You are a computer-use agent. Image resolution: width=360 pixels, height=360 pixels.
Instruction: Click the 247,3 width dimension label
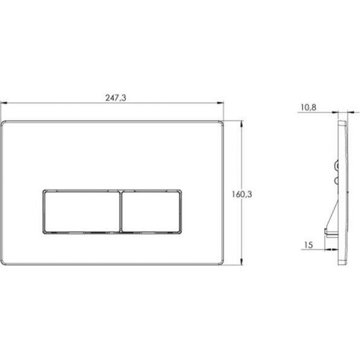[x=116, y=98]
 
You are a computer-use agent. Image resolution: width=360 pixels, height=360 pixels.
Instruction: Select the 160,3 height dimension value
[x=242, y=195]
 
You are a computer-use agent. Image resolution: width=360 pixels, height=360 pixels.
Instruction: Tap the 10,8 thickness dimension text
[x=308, y=107]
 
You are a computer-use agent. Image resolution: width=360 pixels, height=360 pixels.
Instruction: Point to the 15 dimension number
[x=309, y=245]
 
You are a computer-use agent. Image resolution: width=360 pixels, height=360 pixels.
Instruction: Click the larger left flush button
[x=82, y=212]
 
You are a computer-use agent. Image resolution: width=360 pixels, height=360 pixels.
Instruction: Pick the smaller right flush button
[x=151, y=212]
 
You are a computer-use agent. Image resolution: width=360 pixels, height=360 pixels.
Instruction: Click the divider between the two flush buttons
[x=121, y=212]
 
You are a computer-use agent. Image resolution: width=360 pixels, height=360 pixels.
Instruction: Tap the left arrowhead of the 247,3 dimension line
[x=4, y=103]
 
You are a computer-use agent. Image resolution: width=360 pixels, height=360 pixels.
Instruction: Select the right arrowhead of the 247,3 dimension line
[x=220, y=103]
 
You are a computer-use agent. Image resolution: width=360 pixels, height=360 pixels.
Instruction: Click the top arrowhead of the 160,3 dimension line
[x=241, y=124]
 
